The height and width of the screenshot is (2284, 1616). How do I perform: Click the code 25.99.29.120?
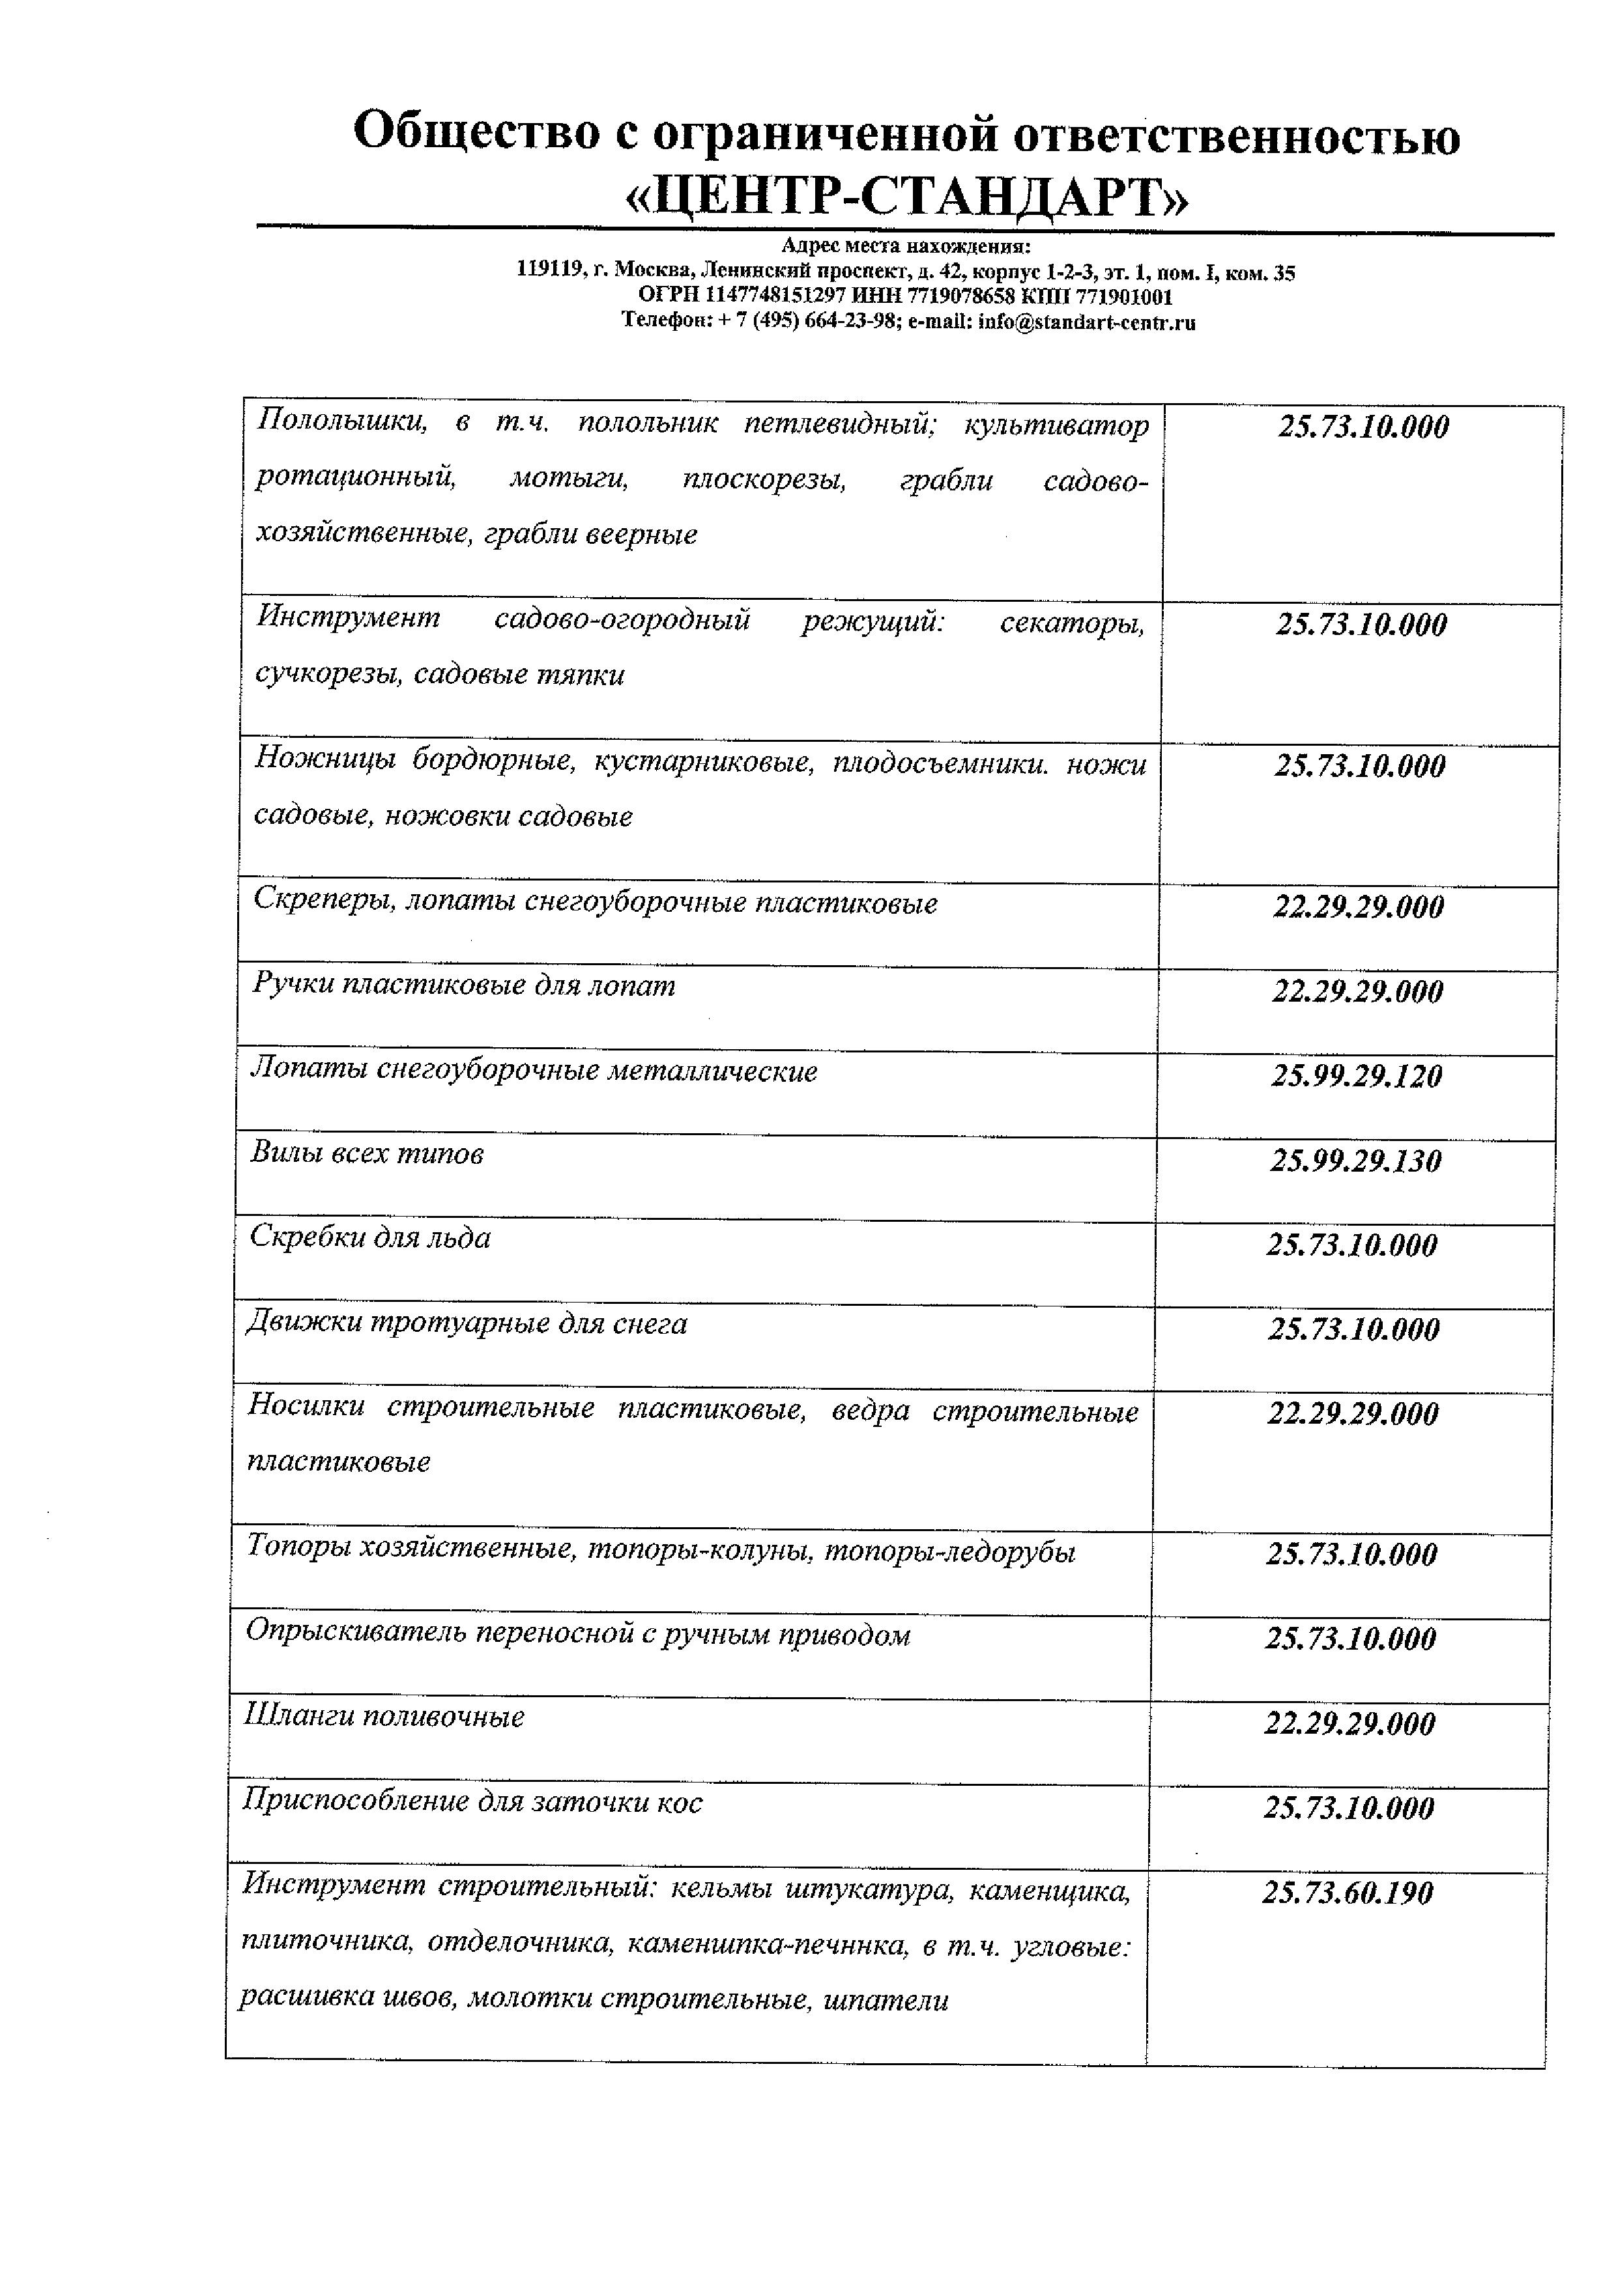tap(1356, 1077)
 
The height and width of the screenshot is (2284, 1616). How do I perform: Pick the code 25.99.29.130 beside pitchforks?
tap(1355, 1161)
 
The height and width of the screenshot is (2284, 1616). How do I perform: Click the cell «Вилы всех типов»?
tap(367, 1154)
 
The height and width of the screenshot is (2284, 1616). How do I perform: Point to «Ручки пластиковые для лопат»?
tap(464, 986)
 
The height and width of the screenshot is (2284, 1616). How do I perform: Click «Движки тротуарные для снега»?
tap(467, 1324)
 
